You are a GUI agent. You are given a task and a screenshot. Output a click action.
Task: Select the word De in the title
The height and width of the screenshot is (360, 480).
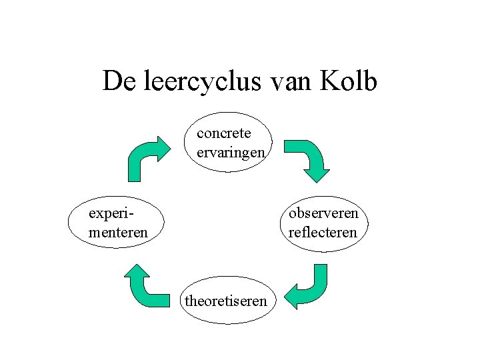pos(117,81)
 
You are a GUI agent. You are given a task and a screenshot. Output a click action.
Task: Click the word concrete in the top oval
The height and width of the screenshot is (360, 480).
pos(224,133)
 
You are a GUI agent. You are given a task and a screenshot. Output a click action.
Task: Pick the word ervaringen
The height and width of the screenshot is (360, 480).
pos(231,152)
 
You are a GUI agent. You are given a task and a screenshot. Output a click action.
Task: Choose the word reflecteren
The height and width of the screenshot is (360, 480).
pos(323,232)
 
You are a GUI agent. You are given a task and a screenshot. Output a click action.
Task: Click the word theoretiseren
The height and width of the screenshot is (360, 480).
pos(226,301)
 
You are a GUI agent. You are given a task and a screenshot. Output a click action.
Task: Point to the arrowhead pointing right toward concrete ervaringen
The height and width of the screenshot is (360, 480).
pos(163,147)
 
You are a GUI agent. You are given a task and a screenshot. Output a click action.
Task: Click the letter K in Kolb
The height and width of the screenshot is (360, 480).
pos(329,81)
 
